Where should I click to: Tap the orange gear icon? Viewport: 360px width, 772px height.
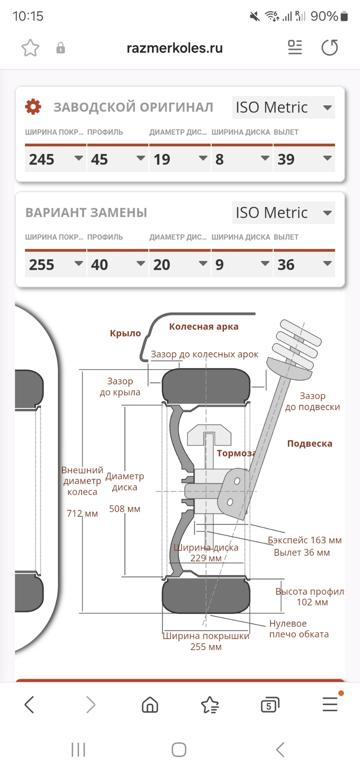pyautogui.click(x=33, y=107)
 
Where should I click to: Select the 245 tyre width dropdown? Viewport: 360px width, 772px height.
pyautogui.click(x=56, y=159)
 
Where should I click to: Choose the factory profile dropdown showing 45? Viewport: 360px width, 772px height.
pyautogui.click(x=117, y=159)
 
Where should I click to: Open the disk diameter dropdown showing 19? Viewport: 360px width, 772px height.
pyautogui.click(x=180, y=159)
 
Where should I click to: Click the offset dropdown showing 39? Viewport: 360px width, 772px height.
pyautogui.click(x=304, y=159)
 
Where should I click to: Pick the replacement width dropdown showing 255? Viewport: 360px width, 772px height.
pyautogui.click(x=56, y=264)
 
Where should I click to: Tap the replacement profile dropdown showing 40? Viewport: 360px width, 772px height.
pyautogui.click(x=117, y=264)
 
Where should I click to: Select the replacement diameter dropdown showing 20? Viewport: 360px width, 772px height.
pyautogui.click(x=180, y=264)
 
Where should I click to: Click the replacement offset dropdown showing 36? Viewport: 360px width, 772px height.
pyautogui.click(x=304, y=264)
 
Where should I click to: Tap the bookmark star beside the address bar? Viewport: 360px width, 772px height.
pyautogui.click(x=30, y=48)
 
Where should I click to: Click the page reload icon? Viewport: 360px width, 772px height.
pyautogui.click(x=330, y=48)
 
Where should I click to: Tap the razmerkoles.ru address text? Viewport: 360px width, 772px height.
pyautogui.click(x=175, y=48)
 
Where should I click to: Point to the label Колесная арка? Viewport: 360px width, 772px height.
pyautogui.click(x=204, y=326)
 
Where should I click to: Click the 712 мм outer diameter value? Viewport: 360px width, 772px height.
pyautogui.click(x=82, y=513)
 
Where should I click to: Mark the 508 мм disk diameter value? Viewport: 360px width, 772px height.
pyautogui.click(x=125, y=509)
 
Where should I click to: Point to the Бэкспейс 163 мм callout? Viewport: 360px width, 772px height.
pyautogui.click(x=304, y=540)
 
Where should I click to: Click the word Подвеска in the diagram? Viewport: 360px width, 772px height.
pyautogui.click(x=310, y=443)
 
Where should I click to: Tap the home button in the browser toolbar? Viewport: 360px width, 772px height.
pyautogui.click(x=150, y=704)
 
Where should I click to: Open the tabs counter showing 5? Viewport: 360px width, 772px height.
pyautogui.click(x=270, y=704)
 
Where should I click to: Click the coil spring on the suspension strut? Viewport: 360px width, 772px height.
pyautogui.click(x=298, y=344)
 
